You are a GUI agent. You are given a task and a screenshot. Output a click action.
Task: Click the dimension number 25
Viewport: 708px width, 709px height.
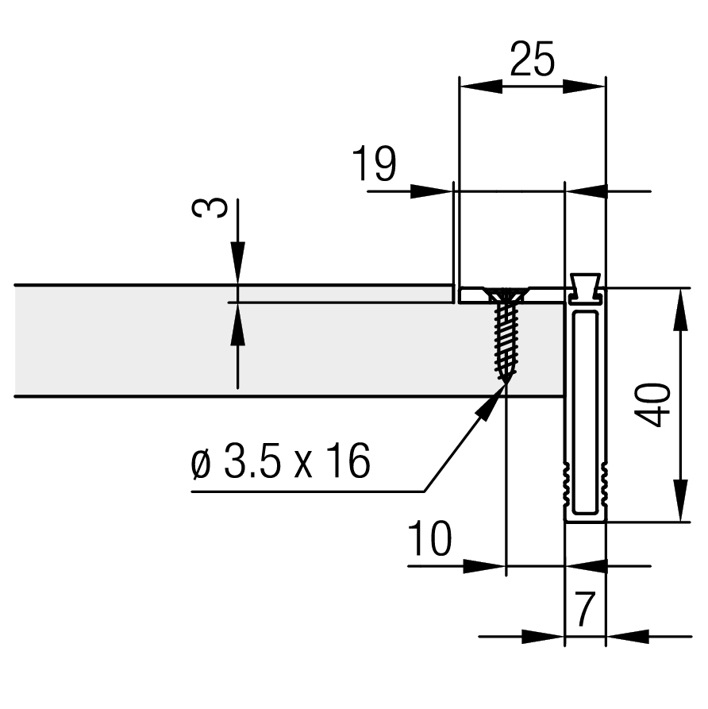pyautogui.click(x=532, y=60)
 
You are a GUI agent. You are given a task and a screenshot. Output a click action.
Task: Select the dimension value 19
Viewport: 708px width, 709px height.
pyautogui.click(x=374, y=164)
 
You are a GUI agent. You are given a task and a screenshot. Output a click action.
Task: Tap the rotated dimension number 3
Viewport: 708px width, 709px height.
pyautogui.click(x=210, y=208)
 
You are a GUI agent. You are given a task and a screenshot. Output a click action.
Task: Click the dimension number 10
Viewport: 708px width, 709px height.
pyautogui.click(x=429, y=538)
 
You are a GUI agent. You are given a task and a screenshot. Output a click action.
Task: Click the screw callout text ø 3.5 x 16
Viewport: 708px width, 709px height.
pyautogui.click(x=280, y=460)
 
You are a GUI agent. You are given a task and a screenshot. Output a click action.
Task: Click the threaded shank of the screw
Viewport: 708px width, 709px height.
pyautogui.click(x=506, y=341)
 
